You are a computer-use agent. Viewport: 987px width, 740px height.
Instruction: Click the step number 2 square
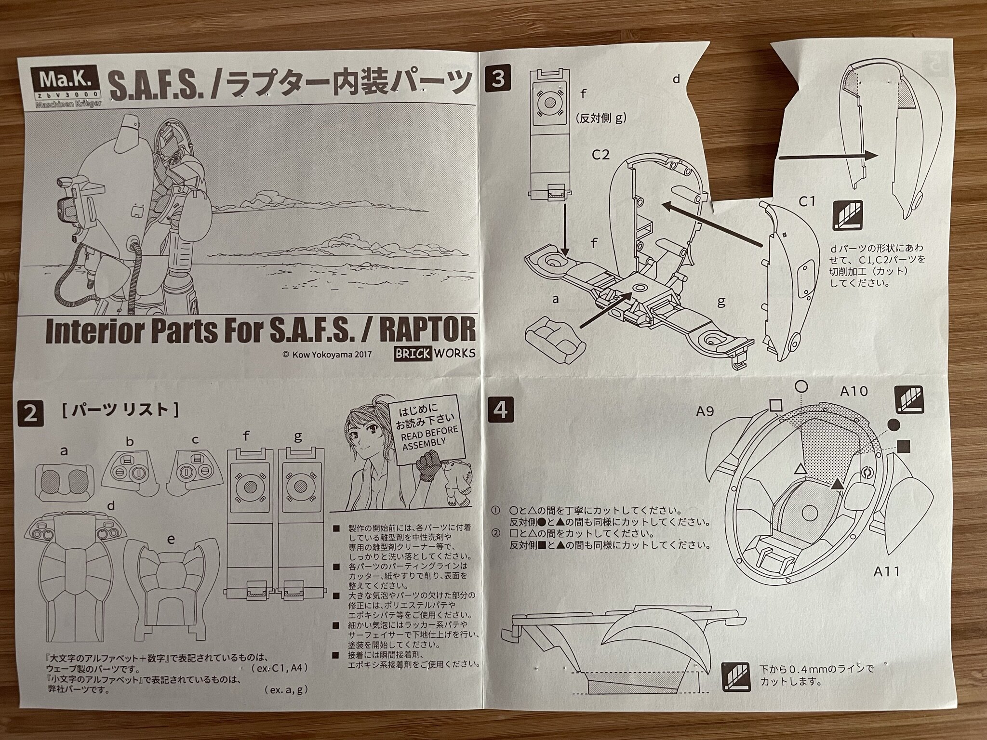coord(30,414)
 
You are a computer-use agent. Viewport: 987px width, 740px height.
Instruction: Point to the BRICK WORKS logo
coord(434,353)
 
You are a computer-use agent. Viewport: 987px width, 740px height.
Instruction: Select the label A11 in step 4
coord(886,572)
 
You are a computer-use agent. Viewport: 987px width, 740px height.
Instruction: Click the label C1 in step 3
coord(806,201)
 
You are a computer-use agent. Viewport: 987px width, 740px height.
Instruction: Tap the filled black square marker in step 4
coord(904,447)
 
